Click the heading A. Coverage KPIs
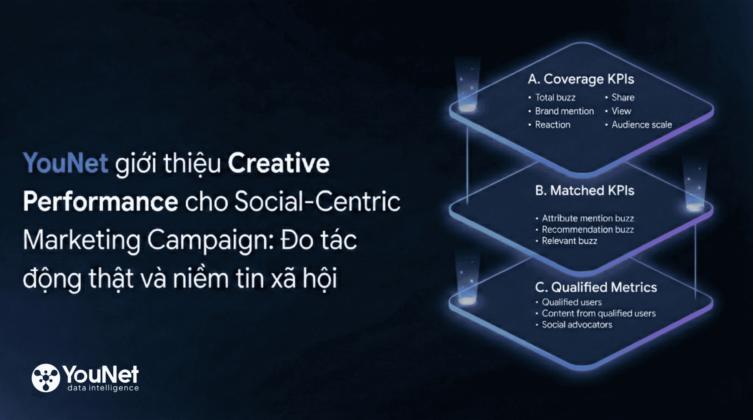click(581, 79)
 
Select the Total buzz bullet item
click(555, 98)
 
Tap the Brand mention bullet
click(564, 111)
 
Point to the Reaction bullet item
click(552, 125)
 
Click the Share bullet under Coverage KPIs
click(623, 98)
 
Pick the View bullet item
click(621, 111)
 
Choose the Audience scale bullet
click(642, 125)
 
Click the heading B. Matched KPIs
click(584, 191)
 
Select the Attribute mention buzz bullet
click(588, 218)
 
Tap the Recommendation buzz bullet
click(588, 230)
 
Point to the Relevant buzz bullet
click(569, 241)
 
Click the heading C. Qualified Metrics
click(596, 287)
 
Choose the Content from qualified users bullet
click(599, 314)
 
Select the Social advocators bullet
click(577, 325)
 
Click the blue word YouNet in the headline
click(66, 163)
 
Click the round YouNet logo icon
click(46, 378)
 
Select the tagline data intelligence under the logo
click(103, 388)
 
